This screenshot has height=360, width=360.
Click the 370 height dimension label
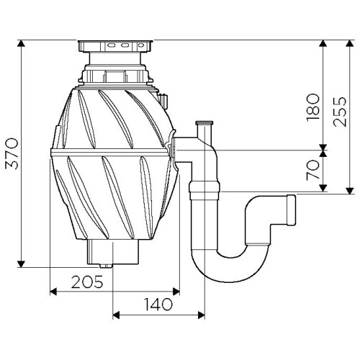tap(12, 153)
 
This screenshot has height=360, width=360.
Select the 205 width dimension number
tap(87, 282)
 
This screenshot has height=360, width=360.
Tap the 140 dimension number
tap(158, 304)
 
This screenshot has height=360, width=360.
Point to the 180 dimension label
tap(313, 107)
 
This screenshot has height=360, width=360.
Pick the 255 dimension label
tap(340, 112)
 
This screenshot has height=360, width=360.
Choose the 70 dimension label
tap(313, 171)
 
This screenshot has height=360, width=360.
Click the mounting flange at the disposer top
tap(115, 45)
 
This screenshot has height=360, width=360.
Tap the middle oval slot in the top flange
tap(125, 45)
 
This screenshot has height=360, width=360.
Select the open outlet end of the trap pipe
tap(291, 210)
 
